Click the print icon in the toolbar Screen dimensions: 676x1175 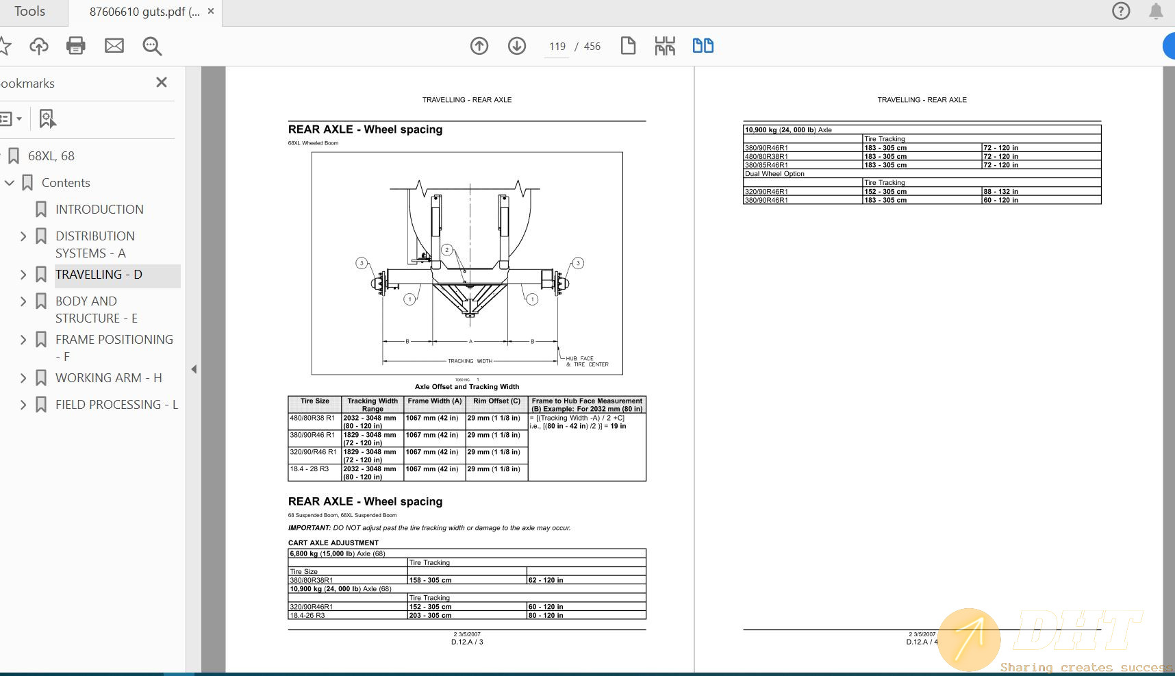(x=75, y=46)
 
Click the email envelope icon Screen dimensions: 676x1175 (x=114, y=46)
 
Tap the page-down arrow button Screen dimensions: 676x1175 (x=517, y=46)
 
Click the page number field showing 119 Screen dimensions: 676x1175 (x=557, y=47)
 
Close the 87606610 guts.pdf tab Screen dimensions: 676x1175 (x=211, y=12)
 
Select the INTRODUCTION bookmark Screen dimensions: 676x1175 (x=99, y=210)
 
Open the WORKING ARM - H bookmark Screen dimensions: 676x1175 (x=108, y=378)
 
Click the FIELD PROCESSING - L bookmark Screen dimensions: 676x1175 (x=116, y=405)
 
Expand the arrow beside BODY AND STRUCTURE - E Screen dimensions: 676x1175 (x=23, y=301)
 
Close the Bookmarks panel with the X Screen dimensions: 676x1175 (x=162, y=82)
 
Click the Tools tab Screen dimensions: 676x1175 (x=29, y=12)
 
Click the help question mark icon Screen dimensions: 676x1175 (x=1121, y=11)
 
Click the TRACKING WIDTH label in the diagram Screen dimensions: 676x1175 (x=470, y=361)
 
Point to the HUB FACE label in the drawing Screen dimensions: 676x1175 (x=579, y=358)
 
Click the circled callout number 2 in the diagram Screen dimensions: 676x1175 (x=447, y=250)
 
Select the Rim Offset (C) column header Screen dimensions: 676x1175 (x=496, y=401)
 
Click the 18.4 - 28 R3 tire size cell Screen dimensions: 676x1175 (x=309, y=469)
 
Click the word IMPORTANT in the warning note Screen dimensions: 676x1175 (x=309, y=528)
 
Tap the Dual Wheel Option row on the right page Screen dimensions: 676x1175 (x=774, y=174)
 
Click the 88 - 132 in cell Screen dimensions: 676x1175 (x=1000, y=192)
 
